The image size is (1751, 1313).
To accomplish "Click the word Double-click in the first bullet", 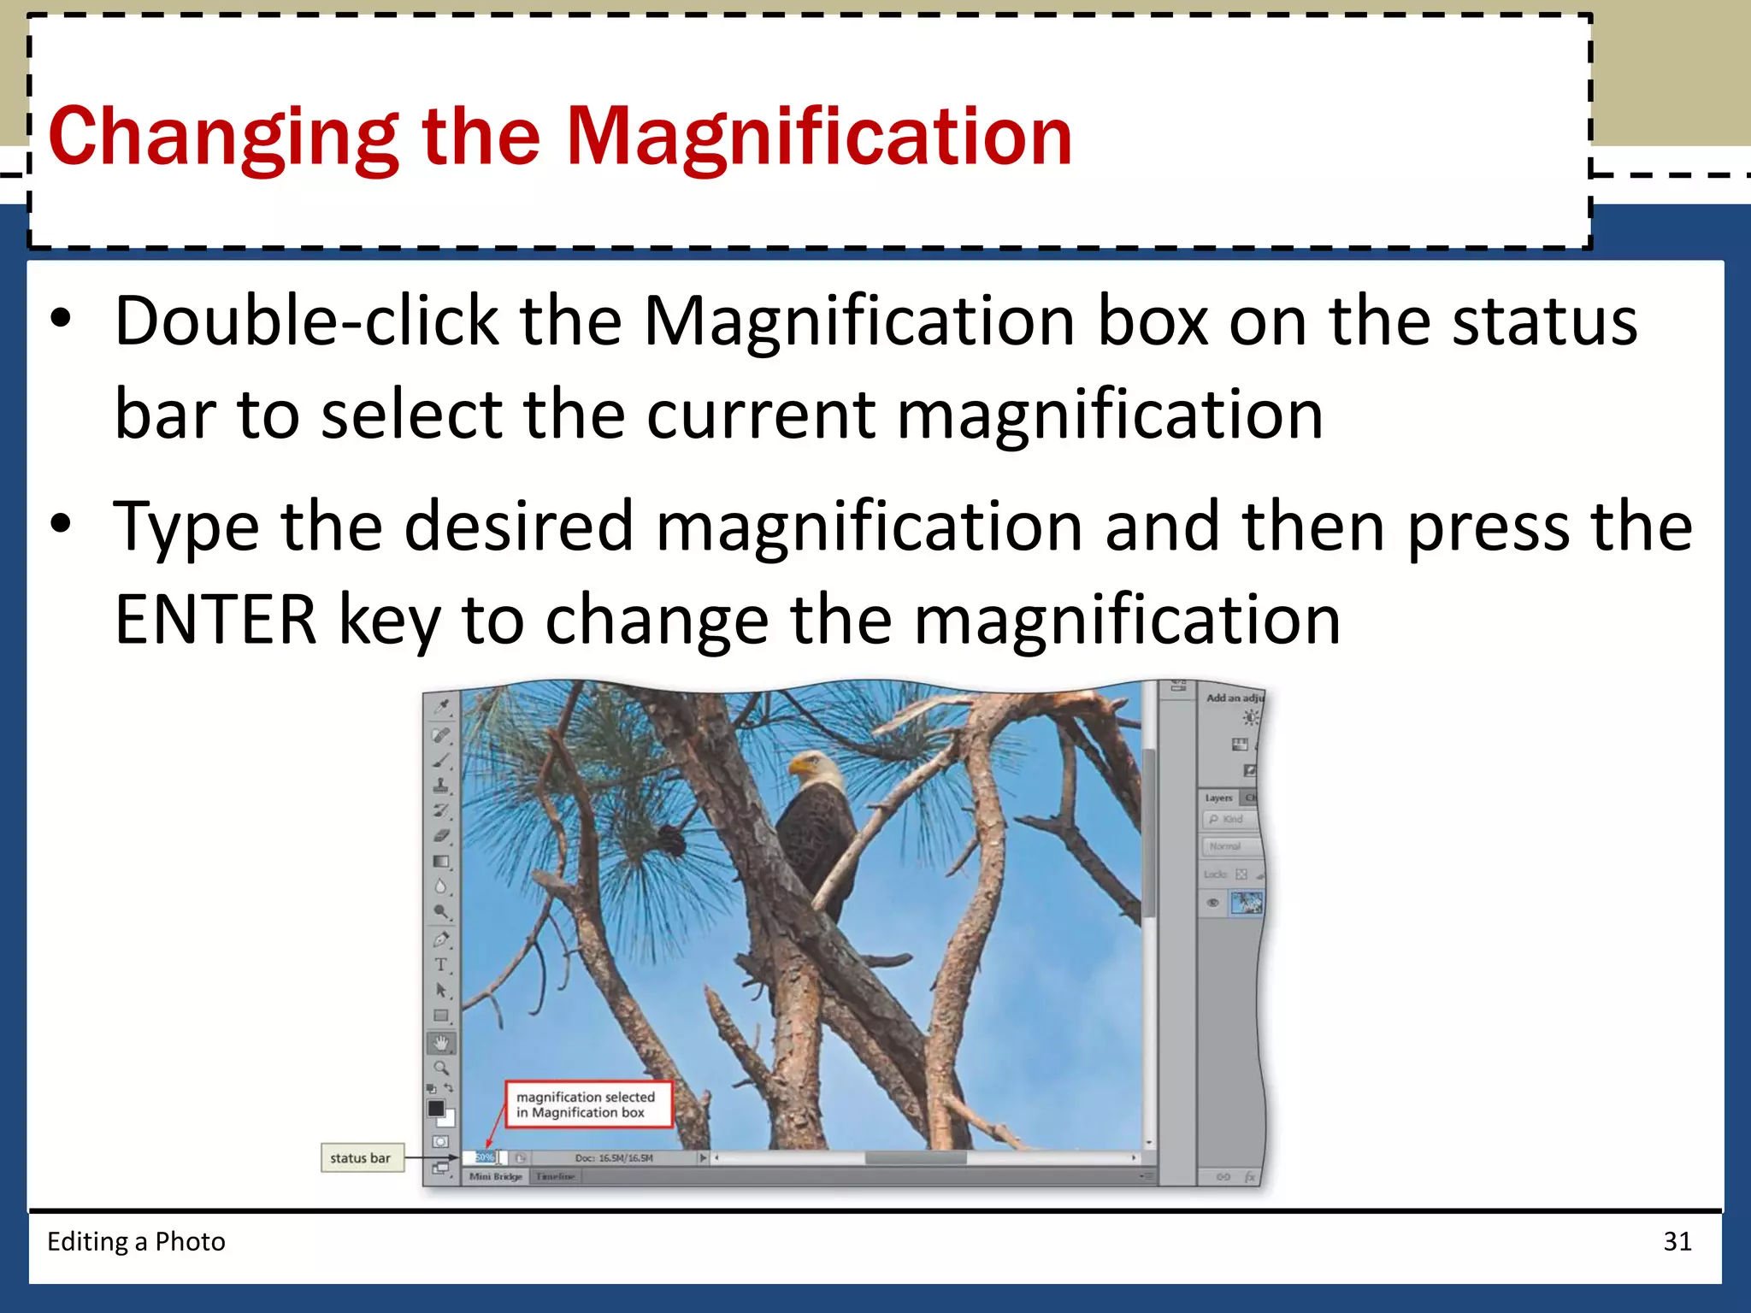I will tap(306, 321).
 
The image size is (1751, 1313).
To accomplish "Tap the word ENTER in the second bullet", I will tap(215, 620).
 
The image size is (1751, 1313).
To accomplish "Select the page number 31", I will tap(1677, 1241).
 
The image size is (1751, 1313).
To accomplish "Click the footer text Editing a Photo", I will tap(136, 1241).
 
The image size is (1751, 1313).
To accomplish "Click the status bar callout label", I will tap(361, 1158).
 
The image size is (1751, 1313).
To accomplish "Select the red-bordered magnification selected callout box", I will tap(588, 1104).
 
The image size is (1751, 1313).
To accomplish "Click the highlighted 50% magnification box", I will tap(485, 1157).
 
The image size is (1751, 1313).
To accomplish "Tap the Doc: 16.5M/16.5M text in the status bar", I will tap(613, 1158).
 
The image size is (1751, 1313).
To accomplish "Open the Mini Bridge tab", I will tap(496, 1177).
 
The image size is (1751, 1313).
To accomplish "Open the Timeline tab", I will tap(555, 1177).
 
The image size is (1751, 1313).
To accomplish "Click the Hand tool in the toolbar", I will tap(441, 1043).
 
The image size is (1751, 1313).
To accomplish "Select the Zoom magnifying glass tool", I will tap(441, 1068).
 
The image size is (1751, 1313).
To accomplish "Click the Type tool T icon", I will tap(441, 965).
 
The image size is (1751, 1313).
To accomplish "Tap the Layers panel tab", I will tap(1218, 798).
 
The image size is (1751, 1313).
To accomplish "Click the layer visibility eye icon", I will tap(1212, 903).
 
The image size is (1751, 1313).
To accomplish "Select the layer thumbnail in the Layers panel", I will tap(1246, 903).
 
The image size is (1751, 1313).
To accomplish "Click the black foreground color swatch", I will tap(436, 1108).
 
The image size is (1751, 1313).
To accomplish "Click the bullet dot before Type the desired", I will tap(60, 523).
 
